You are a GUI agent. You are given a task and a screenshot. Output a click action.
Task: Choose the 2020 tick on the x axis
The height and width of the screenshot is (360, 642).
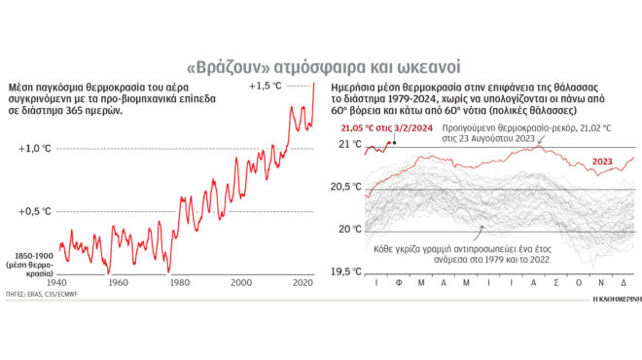(303, 283)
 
